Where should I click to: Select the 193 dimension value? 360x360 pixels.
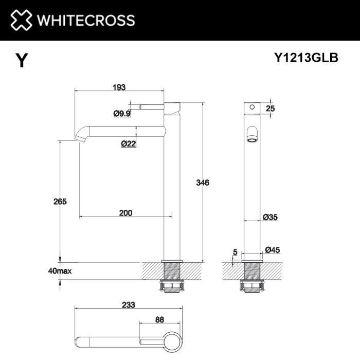(119, 87)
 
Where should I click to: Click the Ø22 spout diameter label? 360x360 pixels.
(128, 144)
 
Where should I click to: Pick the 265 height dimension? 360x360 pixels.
(60, 202)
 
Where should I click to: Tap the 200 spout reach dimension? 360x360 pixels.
(125, 213)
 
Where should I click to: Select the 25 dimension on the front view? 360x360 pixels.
(271, 108)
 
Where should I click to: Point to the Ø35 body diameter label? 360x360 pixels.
(270, 218)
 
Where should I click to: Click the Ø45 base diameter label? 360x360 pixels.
(272, 250)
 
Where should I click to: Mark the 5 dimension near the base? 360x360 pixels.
(235, 252)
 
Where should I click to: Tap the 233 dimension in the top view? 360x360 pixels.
(128, 304)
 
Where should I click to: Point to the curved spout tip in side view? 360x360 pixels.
(81, 136)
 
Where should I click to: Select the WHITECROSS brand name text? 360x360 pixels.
(85, 21)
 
